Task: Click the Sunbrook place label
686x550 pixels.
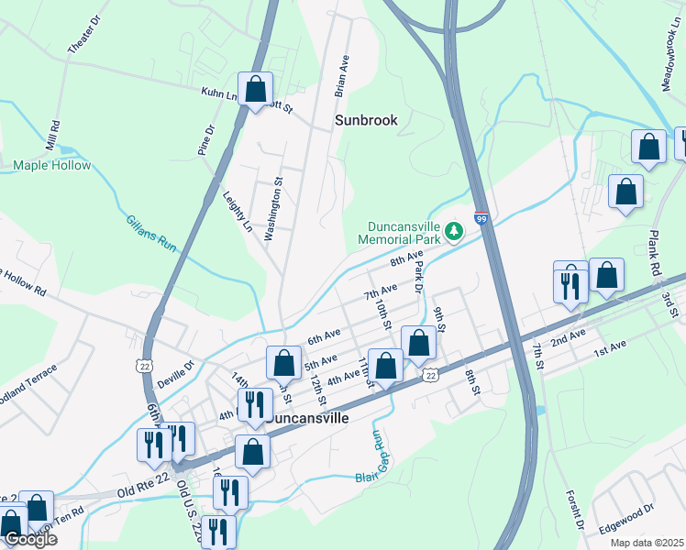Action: [366, 120]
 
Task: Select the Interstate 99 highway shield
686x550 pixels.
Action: [481, 219]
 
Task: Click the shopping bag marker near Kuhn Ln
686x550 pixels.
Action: [256, 90]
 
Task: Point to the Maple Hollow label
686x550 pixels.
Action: [52, 166]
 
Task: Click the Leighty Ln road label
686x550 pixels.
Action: [237, 210]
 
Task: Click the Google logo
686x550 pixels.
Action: [29, 539]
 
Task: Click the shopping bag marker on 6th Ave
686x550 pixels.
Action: [284, 363]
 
